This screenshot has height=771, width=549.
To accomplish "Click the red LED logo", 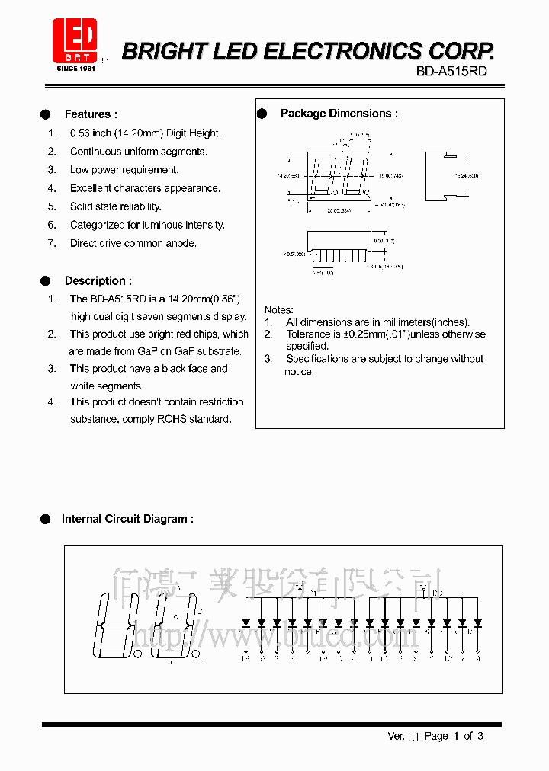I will (74, 40).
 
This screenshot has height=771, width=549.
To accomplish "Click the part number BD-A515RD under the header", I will (451, 72).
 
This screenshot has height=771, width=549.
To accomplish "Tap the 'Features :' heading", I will (91, 114).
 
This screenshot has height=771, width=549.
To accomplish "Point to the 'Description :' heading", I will (98, 281).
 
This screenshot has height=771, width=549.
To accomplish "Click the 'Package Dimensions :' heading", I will (339, 114).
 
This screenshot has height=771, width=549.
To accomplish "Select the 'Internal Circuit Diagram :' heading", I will (127, 519).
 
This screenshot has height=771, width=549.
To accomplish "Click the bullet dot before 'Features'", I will (45, 114).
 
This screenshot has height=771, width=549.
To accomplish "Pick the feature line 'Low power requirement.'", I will (124, 170).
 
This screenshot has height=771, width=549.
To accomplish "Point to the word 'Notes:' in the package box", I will (278, 310).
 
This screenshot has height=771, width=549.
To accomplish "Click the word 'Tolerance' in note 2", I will (309, 334).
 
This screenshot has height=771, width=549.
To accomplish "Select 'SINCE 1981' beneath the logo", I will (76, 69).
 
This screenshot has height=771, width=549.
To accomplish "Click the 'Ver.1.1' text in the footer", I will (403, 736).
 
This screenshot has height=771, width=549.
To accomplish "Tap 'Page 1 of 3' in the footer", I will (454, 736).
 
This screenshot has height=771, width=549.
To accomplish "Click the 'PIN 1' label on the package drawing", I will (293, 201).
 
